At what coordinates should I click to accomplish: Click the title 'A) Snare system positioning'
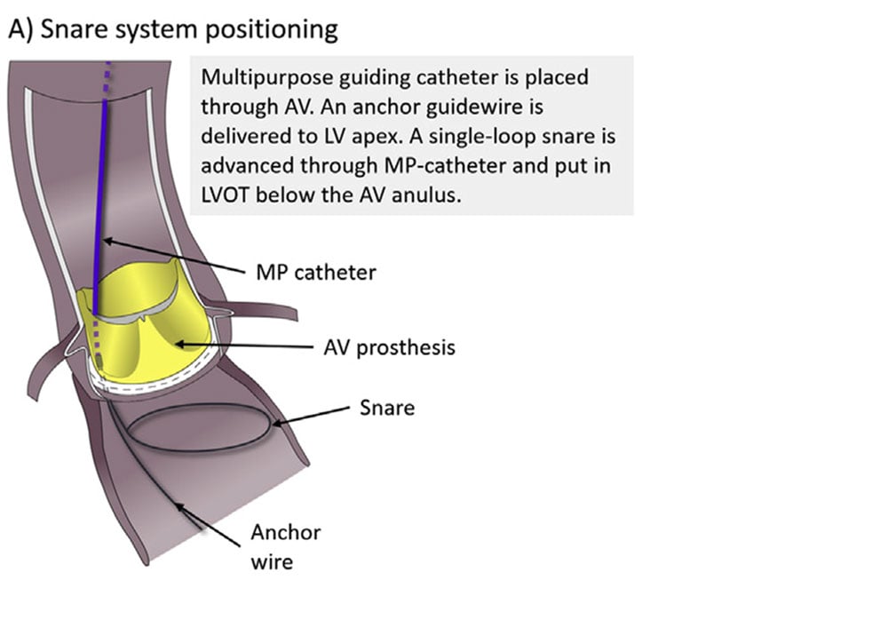coord(173,29)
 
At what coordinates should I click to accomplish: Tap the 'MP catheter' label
coord(315,272)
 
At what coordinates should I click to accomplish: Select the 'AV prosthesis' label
coord(389,346)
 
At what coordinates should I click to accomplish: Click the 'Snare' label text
coord(386,408)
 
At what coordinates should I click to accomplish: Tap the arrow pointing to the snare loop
coord(311,416)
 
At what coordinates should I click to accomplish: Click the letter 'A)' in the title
coord(20,29)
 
